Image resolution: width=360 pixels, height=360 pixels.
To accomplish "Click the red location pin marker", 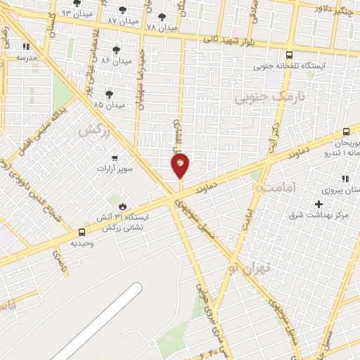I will pyautogui.click(x=180, y=165).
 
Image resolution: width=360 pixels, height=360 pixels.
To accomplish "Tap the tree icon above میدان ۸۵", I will pyautogui.click(x=109, y=94).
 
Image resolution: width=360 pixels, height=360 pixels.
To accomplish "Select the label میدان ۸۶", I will pyautogui.click(x=117, y=61).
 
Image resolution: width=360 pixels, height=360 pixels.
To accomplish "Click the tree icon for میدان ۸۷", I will pyautogui.click(x=124, y=11).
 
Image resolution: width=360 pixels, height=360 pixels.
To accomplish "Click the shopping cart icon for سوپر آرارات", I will pyautogui.click(x=115, y=158).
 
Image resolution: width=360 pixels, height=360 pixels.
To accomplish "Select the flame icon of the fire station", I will pyautogui.click(x=122, y=207).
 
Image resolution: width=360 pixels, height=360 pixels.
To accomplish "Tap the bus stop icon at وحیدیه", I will pyautogui.click(x=83, y=232).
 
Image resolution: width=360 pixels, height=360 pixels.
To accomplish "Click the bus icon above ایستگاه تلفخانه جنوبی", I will pyautogui.click(x=289, y=55).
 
